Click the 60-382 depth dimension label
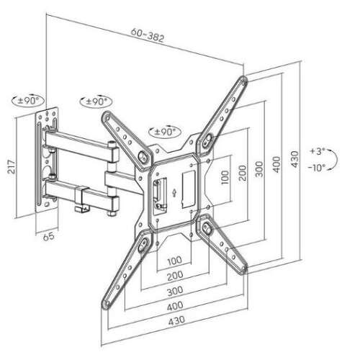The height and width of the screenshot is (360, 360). [148, 35]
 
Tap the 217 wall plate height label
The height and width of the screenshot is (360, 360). [12, 166]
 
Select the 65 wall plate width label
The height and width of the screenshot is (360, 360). [49, 236]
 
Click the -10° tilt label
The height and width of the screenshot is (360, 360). [318, 168]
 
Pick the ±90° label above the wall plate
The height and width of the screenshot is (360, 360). [28, 101]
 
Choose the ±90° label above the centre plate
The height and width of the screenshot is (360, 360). [165, 132]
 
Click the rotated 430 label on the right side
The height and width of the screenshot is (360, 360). [294, 159]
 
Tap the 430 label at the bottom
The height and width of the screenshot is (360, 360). [176, 321]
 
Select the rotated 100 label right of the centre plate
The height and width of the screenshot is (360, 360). [225, 177]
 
